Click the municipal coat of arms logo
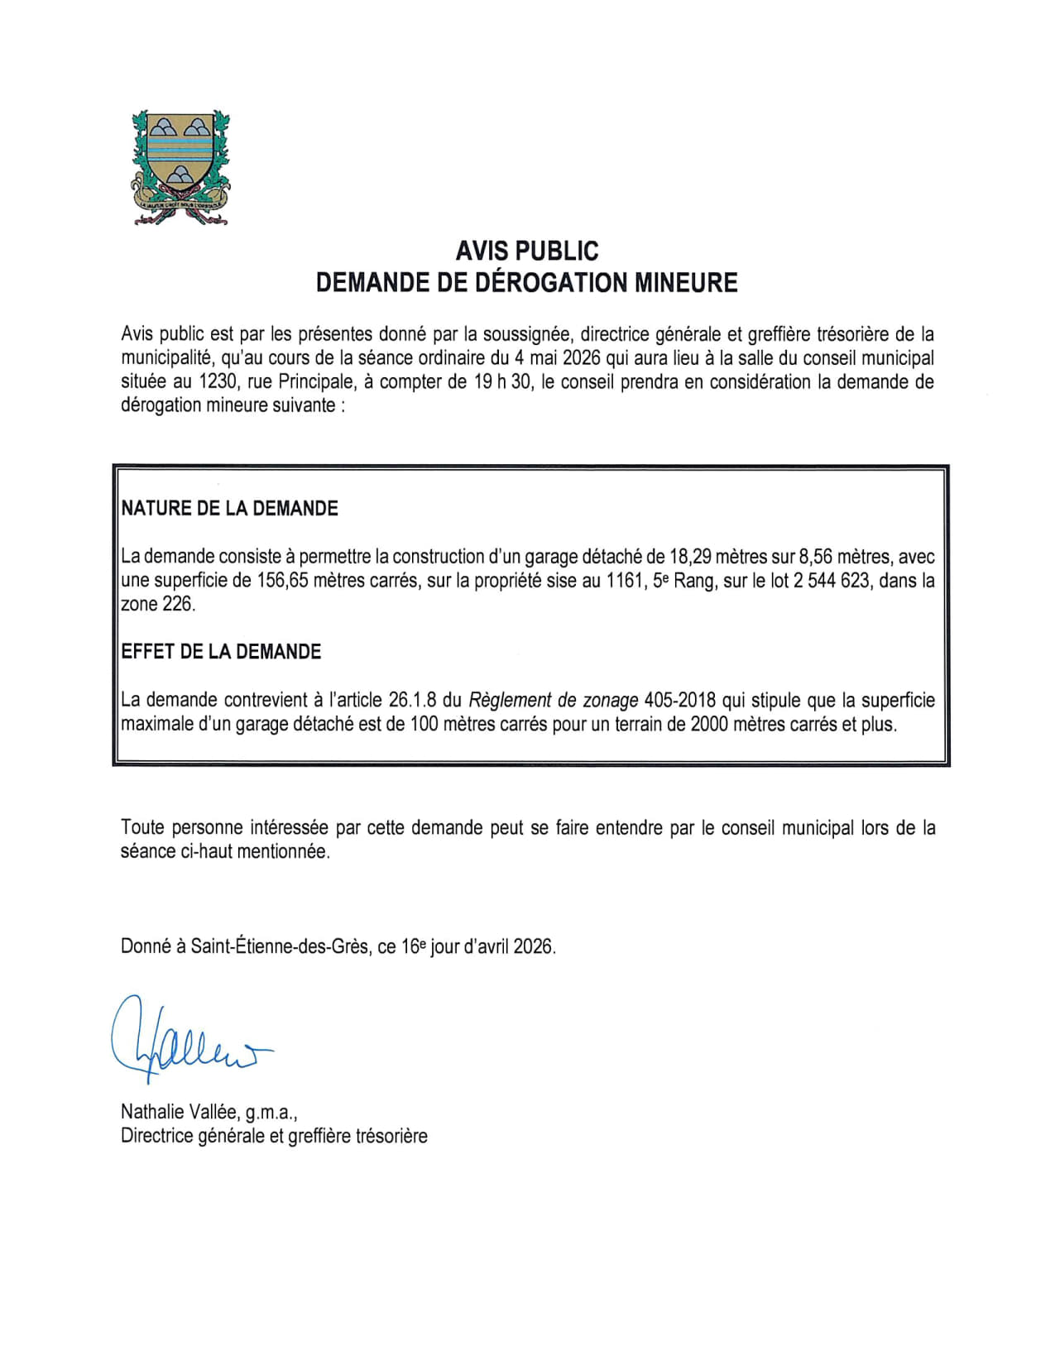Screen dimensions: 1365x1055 click(x=180, y=167)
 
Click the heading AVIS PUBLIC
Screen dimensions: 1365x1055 click(x=527, y=250)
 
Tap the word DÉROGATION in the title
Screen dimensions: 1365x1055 click(x=551, y=282)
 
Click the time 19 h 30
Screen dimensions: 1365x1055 click(x=503, y=381)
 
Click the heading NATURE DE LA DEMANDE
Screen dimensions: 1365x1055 click(x=229, y=508)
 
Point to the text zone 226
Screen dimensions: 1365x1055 click(x=158, y=604)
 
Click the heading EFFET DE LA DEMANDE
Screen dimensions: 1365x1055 click(x=221, y=651)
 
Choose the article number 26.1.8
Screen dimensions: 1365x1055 click(x=412, y=700)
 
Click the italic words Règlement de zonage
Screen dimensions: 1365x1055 click(x=553, y=700)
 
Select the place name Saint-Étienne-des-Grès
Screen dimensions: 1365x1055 click(x=279, y=946)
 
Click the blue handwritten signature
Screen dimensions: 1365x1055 click(x=186, y=1039)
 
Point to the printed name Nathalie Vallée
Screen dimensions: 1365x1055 click(x=180, y=1112)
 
